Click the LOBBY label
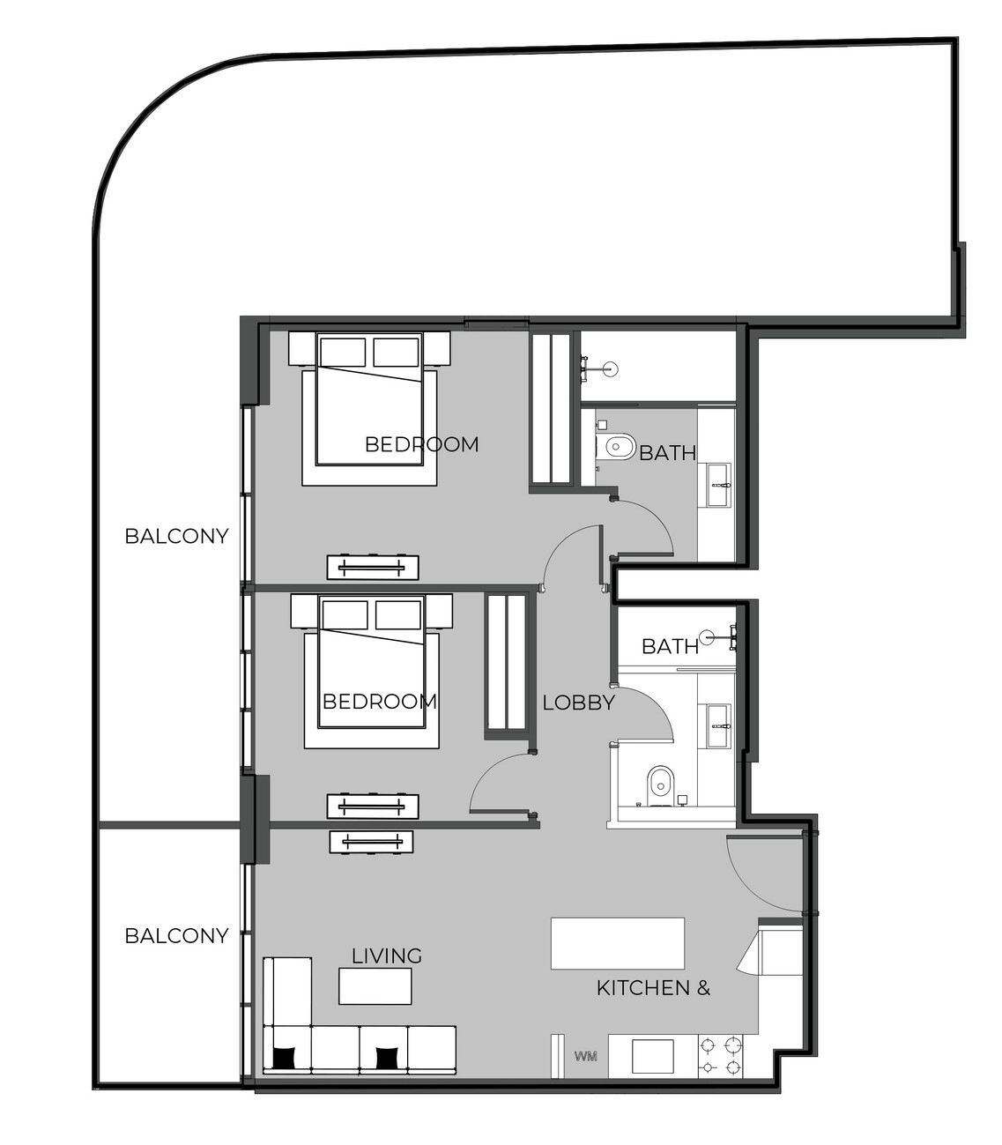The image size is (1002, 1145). [x=578, y=703]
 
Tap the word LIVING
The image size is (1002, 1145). [x=387, y=955]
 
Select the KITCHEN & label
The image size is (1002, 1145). [x=653, y=988]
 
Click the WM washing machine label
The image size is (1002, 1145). [x=586, y=1056]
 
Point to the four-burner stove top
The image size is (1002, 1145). [x=721, y=1056]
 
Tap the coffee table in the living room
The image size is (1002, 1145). [x=375, y=986]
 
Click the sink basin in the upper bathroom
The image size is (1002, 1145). [x=719, y=485]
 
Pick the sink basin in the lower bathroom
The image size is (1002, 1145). [x=719, y=726]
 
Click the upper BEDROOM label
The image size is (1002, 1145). [x=422, y=444]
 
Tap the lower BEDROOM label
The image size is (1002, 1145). [x=380, y=702]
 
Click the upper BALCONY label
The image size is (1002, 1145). [x=177, y=536]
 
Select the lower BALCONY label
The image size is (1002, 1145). [x=177, y=935]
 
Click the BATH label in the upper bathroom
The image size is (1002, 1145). [x=667, y=453]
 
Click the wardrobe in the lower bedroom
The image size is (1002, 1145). [x=506, y=668]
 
